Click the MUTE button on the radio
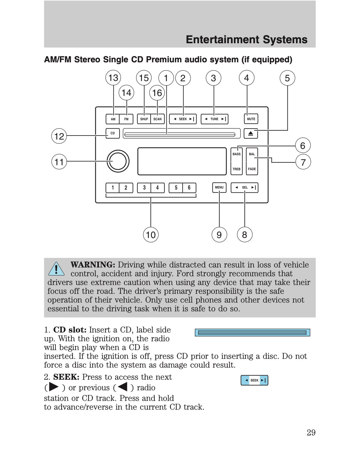click(251, 119)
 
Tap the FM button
click(126, 119)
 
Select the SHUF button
click(144, 119)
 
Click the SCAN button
click(157, 119)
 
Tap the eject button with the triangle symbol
click(250, 133)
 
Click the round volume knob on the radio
click(118, 161)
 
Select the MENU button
click(219, 188)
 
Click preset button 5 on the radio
click(176, 188)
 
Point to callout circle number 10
click(151, 234)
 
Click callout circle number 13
click(113, 78)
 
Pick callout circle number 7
click(303, 162)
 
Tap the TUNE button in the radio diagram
click(214, 119)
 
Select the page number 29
click(311, 433)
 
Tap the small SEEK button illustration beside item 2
click(254, 380)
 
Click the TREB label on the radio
click(237, 169)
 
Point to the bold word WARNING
click(93, 265)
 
